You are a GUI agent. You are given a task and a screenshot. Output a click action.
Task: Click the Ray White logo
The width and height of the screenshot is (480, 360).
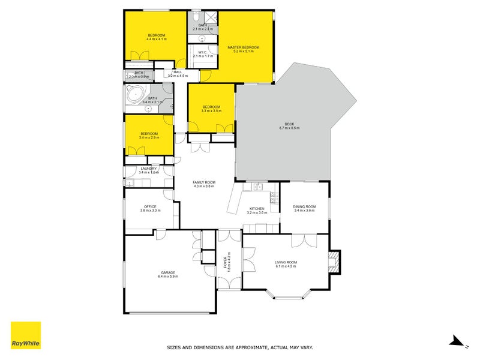click(26, 335)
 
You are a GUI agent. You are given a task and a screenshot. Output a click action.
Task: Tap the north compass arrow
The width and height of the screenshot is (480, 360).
click(457, 341)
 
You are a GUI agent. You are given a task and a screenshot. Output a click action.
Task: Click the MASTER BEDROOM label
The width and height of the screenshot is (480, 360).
click(243, 47)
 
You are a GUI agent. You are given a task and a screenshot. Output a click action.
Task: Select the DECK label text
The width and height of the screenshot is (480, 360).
click(289, 124)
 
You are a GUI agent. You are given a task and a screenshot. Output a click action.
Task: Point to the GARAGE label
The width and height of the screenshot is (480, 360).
click(167, 272)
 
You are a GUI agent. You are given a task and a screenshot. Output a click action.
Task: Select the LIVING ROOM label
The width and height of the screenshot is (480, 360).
click(286, 262)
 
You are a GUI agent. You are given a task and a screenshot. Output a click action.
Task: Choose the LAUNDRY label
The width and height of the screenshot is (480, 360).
click(148, 169)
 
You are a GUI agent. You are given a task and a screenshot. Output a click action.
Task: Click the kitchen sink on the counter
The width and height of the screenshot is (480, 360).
click(257, 187)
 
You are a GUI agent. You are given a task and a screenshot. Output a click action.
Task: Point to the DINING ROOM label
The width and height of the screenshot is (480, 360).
click(304, 207)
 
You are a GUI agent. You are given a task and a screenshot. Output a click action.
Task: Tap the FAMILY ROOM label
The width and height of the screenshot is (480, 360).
click(205, 182)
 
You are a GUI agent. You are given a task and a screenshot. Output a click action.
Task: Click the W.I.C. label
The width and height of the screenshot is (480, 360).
click(202, 52)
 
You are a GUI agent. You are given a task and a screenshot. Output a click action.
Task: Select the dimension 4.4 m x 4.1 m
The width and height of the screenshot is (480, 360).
click(157, 40)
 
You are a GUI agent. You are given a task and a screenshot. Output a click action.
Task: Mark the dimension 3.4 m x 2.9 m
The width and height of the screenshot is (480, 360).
click(149, 137)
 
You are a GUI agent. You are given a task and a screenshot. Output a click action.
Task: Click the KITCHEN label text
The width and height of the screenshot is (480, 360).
click(257, 209)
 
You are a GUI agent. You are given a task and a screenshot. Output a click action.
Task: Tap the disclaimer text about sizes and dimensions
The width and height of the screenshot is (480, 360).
click(239, 347)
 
